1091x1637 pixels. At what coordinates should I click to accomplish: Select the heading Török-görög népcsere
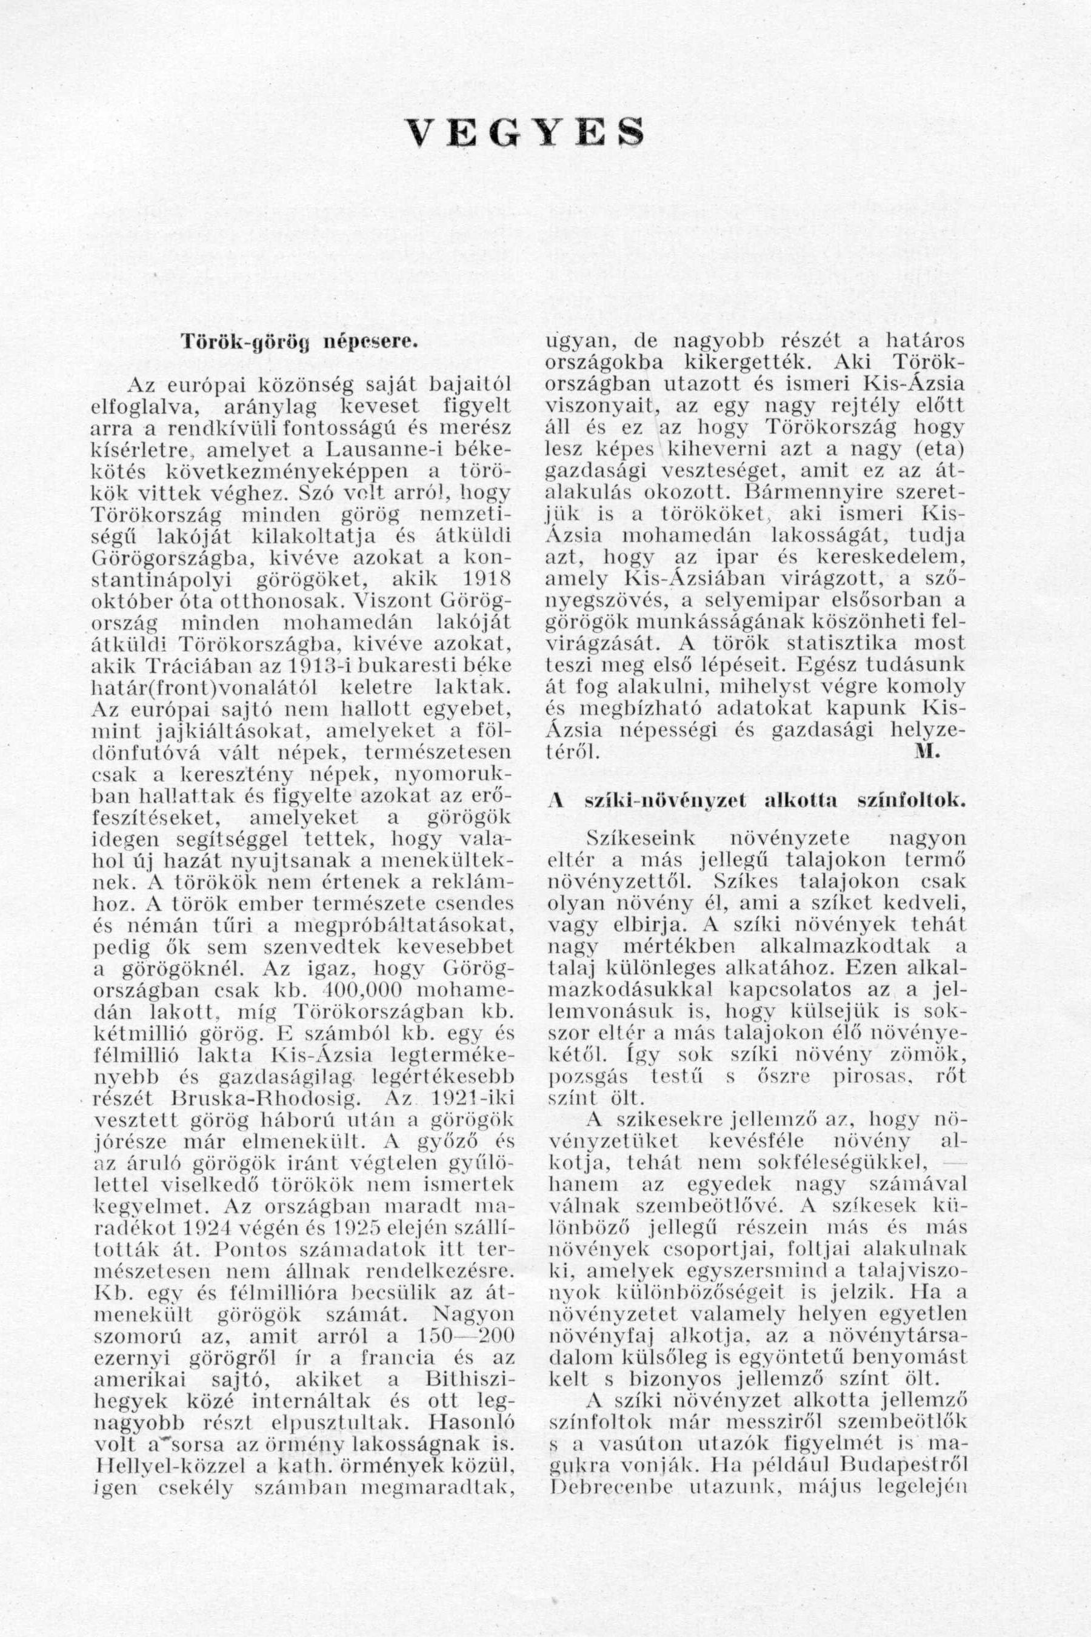300,343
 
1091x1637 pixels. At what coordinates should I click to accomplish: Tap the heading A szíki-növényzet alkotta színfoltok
756,800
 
